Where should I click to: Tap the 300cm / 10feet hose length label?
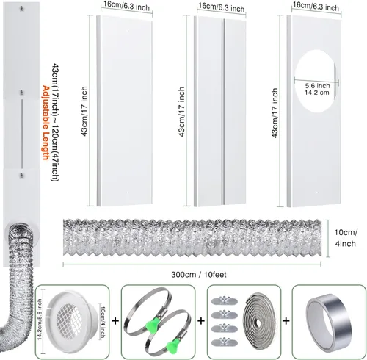pyautogui.click(x=199, y=275)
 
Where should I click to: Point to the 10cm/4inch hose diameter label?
pyautogui.click(x=346, y=238)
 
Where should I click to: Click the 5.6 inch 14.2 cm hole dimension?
pyautogui.click(x=317, y=89)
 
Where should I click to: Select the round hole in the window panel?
pyautogui.click(x=315, y=81)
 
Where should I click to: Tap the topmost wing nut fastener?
pyautogui.click(x=225, y=300)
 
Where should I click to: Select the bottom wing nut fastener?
pyautogui.click(x=225, y=342)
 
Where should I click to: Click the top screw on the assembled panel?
pyautogui.click(x=22, y=9)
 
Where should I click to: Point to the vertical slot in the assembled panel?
pyautogui.click(x=22, y=134)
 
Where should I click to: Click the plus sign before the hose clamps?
pyautogui.click(x=115, y=320)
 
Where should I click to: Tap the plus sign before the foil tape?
pyautogui.click(x=286, y=320)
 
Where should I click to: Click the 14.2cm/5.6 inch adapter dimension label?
pyautogui.click(x=40, y=320)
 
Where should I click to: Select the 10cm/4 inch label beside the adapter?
pyautogui.click(x=102, y=322)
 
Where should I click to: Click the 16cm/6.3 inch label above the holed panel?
pyautogui.click(x=316, y=7)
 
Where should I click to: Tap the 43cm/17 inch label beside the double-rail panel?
pyautogui.click(x=181, y=112)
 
